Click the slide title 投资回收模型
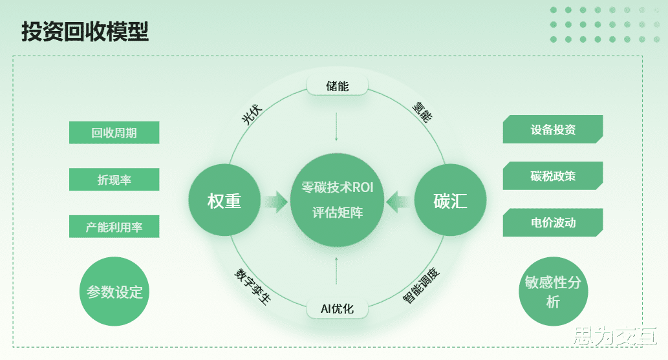tap(85, 32)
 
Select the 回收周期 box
tap(114, 133)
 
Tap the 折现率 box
tap(114, 180)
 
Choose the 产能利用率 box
tap(114, 227)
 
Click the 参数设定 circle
tap(114, 291)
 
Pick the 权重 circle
tap(224, 201)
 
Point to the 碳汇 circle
tap(450, 201)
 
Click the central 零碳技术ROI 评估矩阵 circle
tap(337, 200)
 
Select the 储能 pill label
tap(337, 85)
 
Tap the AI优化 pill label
tap(337, 309)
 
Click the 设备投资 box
tap(553, 129)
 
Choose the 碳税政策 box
tap(553, 176)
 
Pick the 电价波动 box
tap(553, 222)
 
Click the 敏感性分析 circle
tap(553, 291)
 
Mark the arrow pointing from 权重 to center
tap(275, 201)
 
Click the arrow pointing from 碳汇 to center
tap(399, 201)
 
